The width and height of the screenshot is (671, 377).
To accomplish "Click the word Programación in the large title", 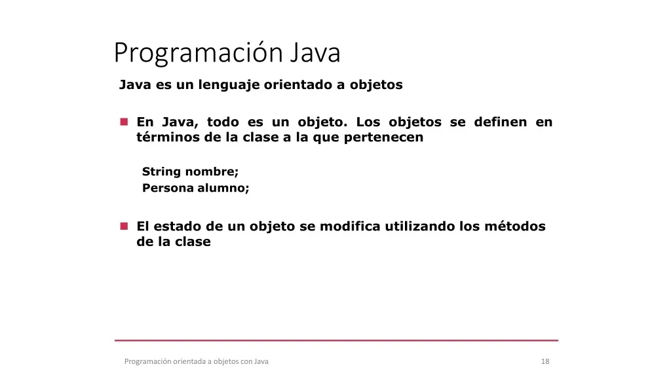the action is point(199,54).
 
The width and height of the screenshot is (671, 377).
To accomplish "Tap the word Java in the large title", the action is point(315,52).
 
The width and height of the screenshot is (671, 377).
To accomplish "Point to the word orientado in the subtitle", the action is point(298,84).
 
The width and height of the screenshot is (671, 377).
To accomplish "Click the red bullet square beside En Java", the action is point(124,122).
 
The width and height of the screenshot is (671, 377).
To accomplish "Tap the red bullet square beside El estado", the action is point(124,226).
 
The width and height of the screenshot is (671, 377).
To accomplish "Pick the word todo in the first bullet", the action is point(223,122).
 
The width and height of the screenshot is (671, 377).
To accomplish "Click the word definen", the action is point(500,122).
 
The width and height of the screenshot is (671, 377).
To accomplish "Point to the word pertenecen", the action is point(383,137).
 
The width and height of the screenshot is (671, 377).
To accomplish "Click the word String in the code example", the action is point(161,172).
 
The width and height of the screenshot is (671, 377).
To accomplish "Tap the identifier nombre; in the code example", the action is point(212,172).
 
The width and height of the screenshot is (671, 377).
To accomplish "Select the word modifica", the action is point(350,226).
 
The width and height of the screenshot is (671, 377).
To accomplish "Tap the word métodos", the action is point(515,226).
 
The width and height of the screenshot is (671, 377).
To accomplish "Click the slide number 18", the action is point(545,361).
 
